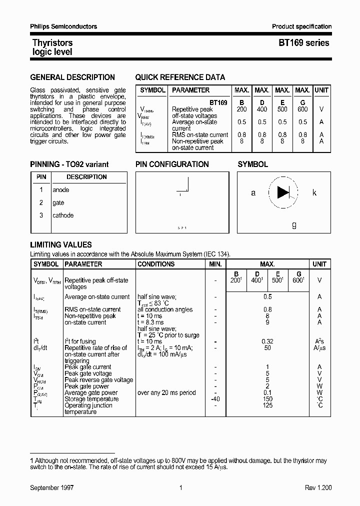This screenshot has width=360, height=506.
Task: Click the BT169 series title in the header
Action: pos(303,43)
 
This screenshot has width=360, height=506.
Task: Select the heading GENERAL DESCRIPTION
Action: pos(72,77)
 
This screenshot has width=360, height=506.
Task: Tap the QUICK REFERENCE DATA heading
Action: pos(180,77)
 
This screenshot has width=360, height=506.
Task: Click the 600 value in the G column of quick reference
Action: pos(302,109)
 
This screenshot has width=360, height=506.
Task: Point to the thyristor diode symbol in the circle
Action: pos(283,192)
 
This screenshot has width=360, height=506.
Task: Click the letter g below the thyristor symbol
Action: pos(294,225)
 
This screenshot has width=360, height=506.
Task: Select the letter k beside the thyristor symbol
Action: pos(314,192)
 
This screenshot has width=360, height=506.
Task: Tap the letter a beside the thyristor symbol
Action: pos(253,192)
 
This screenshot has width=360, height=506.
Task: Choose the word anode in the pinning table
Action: pos(61,190)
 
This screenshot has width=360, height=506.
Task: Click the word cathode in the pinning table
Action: pos(63,215)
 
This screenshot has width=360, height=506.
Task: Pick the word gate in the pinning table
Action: pos(58,203)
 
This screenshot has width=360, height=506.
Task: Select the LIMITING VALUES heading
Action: pos(61,245)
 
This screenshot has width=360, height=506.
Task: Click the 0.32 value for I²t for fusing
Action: pos(267,341)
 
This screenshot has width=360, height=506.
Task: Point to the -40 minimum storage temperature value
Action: pos(215,399)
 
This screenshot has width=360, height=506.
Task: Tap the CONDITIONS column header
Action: pos(156,264)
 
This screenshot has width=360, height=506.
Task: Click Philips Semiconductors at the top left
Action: pos(63,26)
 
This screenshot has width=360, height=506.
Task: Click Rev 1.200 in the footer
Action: pos(318,487)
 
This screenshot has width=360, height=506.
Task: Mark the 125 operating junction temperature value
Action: pos(267,405)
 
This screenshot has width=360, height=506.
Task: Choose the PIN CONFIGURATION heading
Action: pos(172,164)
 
